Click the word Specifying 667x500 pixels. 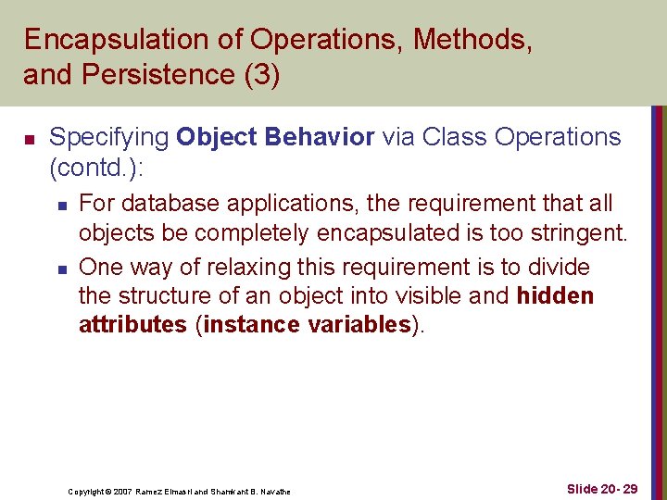108,138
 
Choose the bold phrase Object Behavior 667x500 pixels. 275,137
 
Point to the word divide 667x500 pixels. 556,268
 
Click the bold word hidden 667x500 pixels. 555,296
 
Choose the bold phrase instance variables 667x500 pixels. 307,325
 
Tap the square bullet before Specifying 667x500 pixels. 29,140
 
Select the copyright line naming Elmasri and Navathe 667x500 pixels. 179,491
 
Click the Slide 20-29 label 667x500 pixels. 589,489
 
